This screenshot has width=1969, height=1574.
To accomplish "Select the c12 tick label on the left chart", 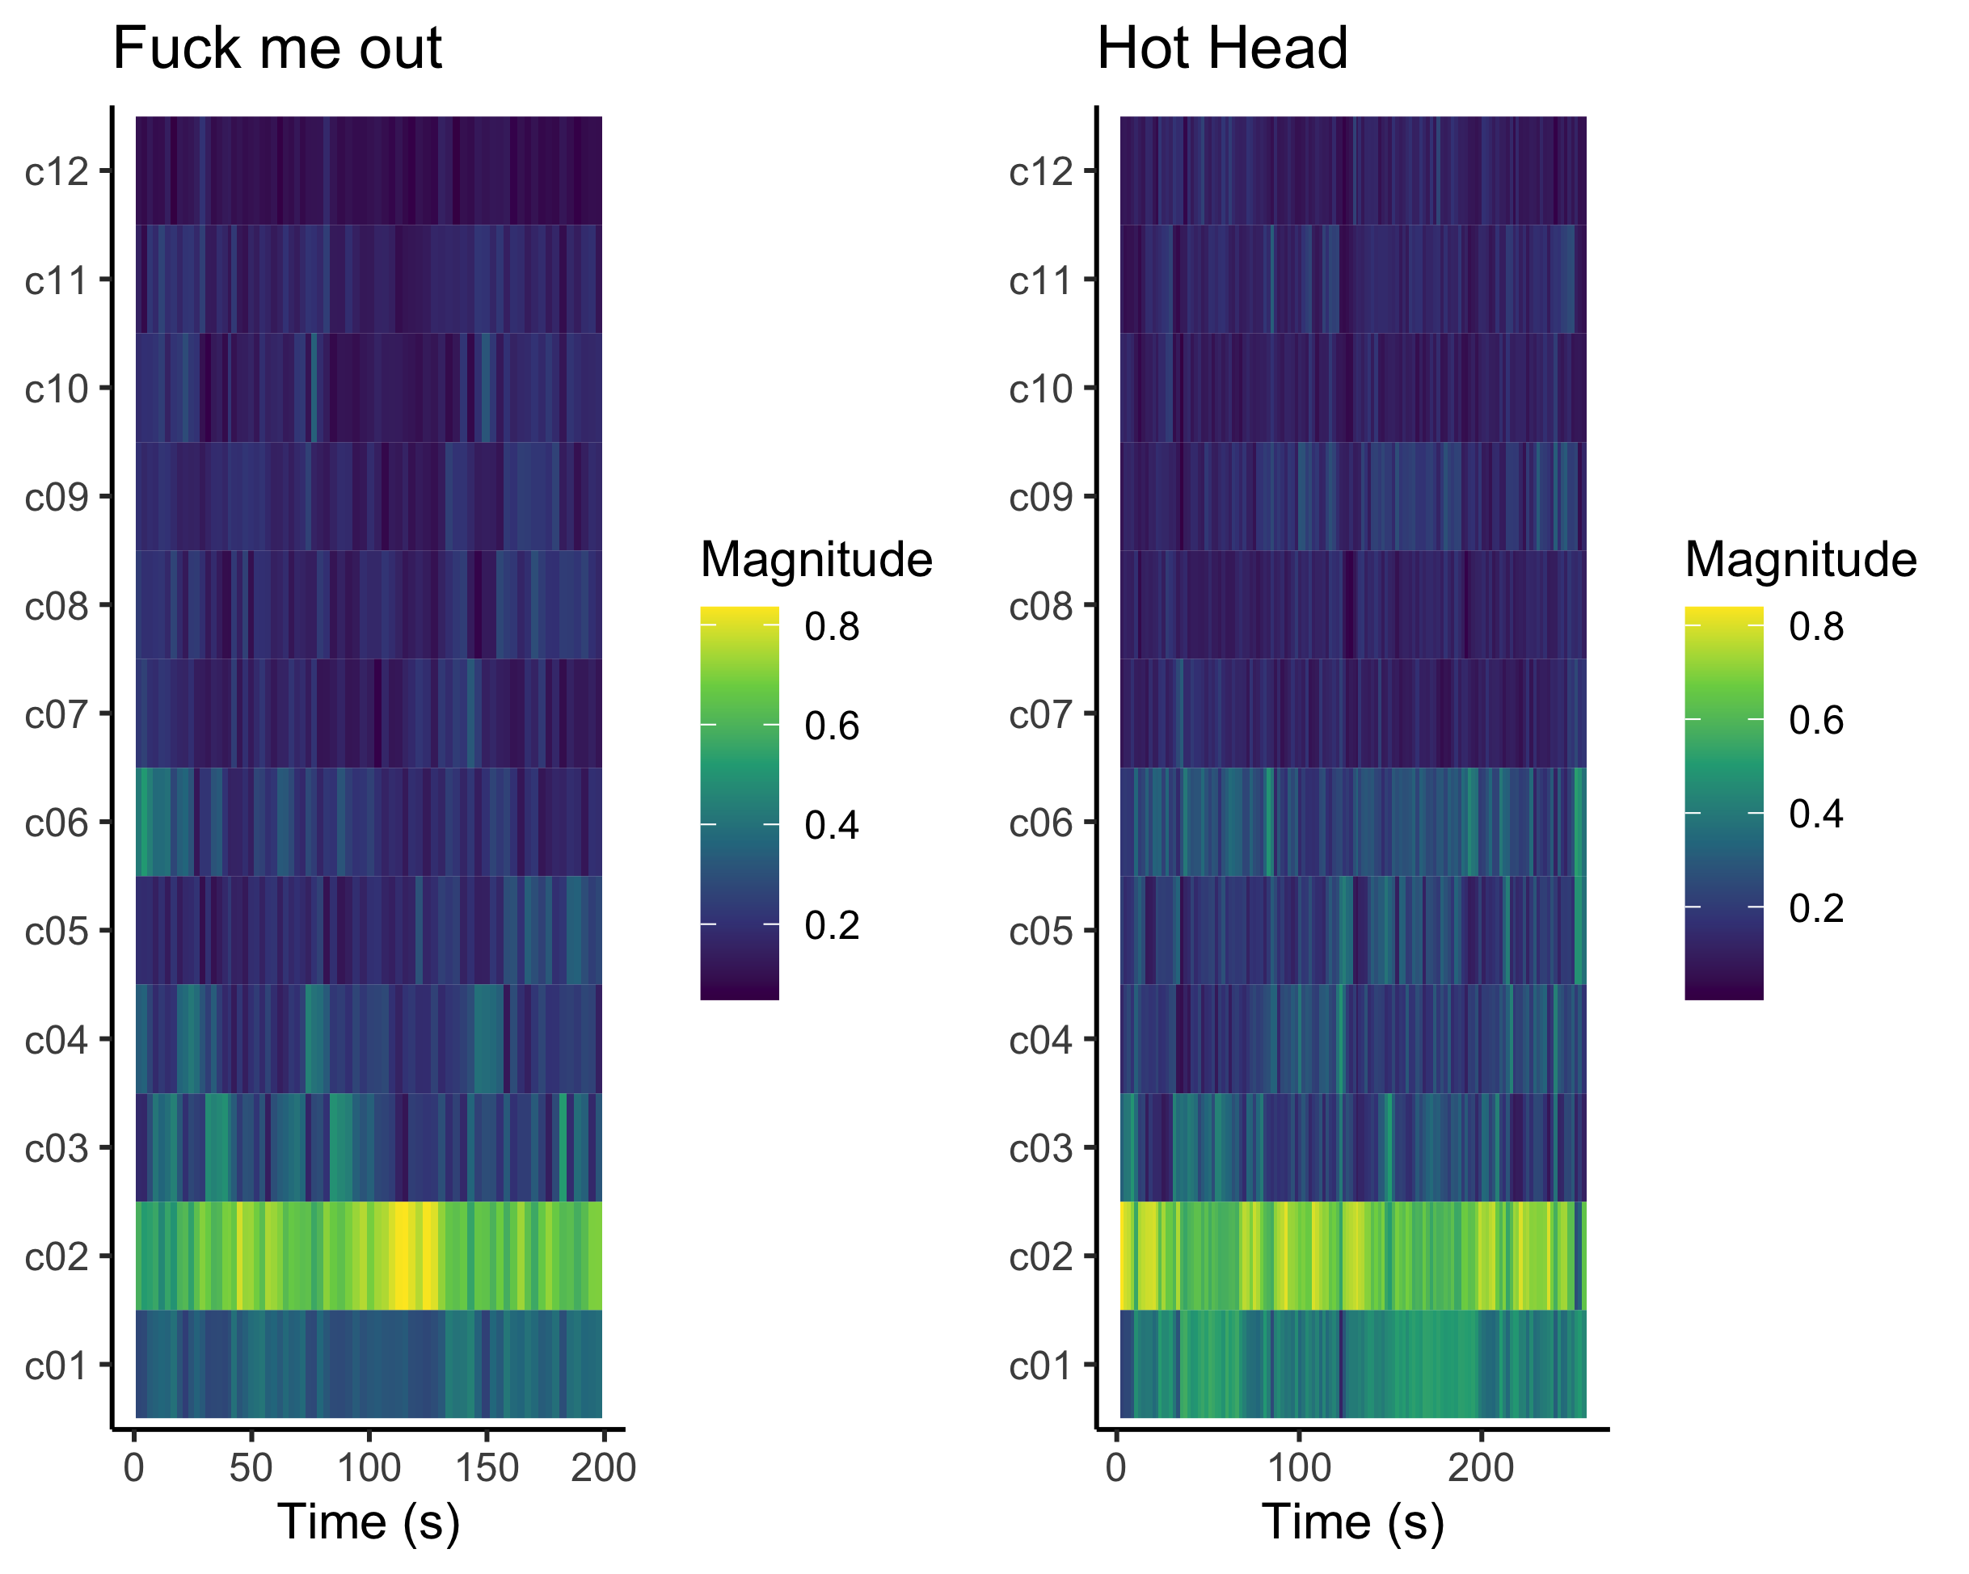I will [x=57, y=171].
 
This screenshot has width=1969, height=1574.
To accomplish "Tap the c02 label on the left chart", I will [x=57, y=1257].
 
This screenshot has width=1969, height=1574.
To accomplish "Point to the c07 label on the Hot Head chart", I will [x=1042, y=715].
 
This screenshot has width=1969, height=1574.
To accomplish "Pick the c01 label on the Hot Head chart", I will [x=1042, y=1366].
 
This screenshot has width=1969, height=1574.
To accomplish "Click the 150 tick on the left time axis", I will [x=486, y=1469].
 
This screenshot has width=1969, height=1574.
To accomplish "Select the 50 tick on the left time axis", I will [x=251, y=1469].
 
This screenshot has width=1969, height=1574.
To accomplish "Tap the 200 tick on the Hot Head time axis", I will [x=1481, y=1469].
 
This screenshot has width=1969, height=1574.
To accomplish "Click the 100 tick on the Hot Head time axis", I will [x=1299, y=1469].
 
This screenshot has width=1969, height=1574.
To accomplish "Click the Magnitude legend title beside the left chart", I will [x=816, y=559].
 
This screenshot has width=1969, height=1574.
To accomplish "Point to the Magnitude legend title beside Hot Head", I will [x=1801, y=559].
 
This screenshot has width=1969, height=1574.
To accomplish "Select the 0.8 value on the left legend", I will [x=832, y=627].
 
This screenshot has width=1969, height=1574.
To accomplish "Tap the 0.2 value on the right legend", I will [x=1816, y=908].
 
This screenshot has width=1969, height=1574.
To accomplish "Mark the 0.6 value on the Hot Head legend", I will [x=1816, y=721].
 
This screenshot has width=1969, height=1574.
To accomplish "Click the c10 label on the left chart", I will [x=57, y=389].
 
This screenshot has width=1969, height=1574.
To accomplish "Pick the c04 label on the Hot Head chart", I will [x=1042, y=1040].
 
